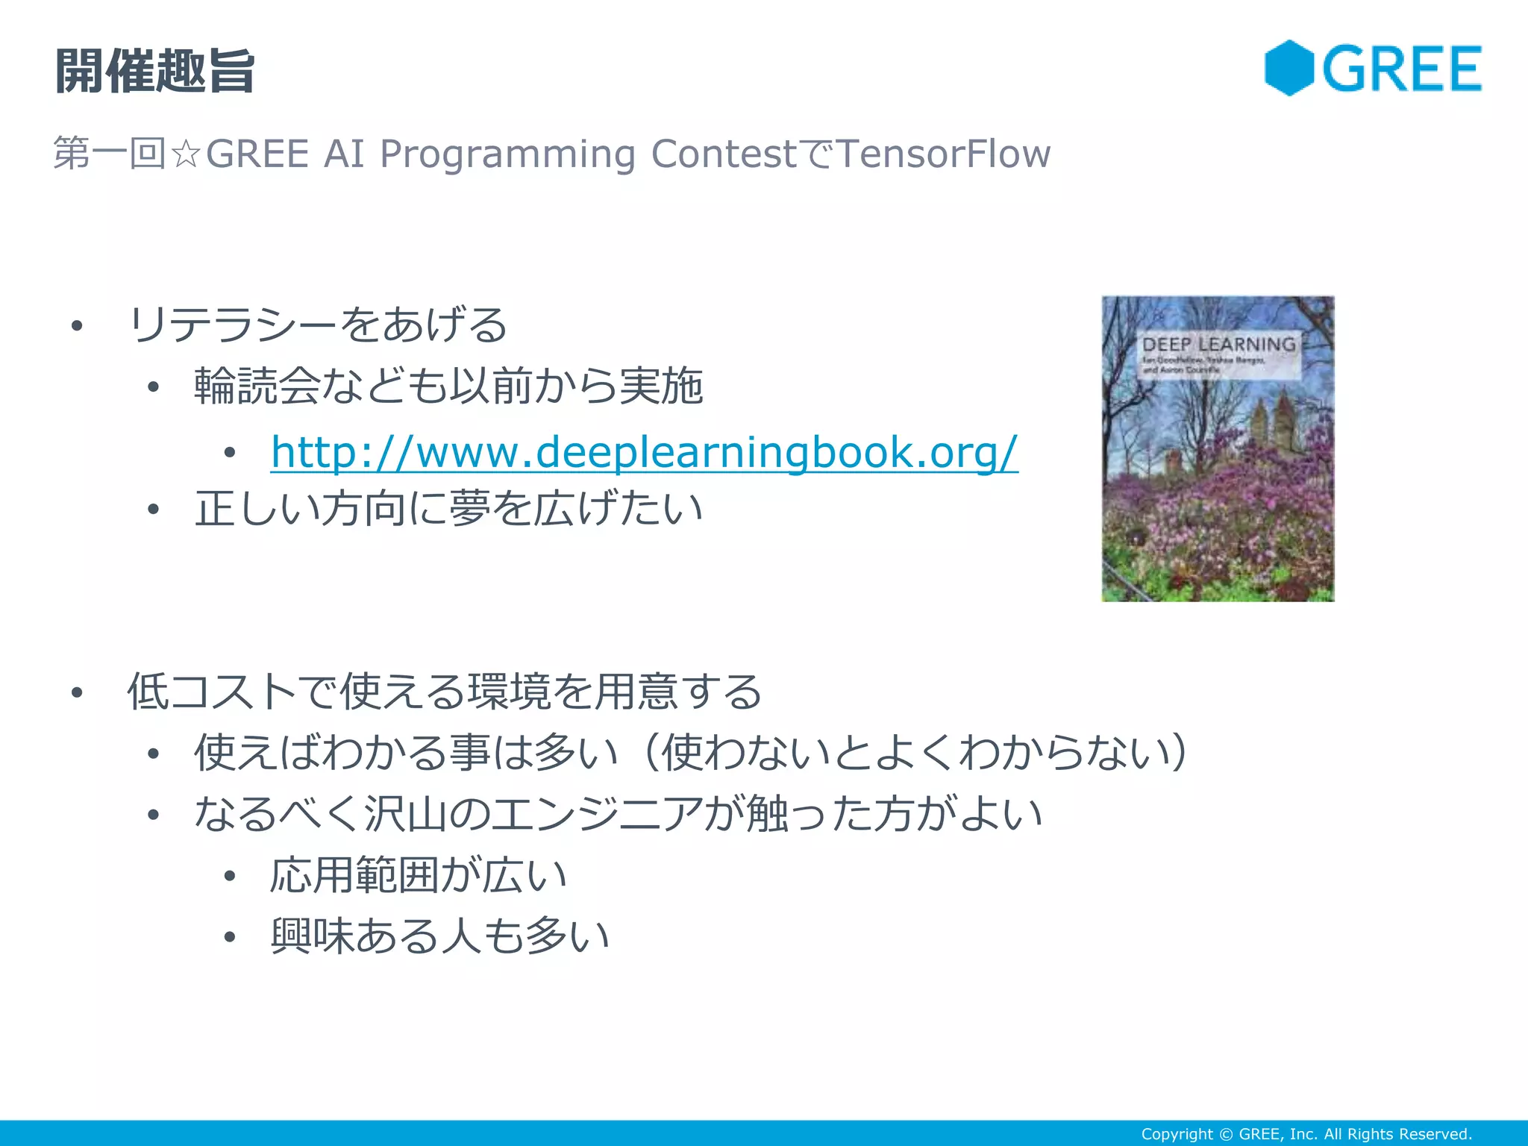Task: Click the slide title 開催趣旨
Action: [154, 72]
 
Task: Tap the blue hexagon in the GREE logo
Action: [1289, 68]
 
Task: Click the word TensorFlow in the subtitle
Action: [943, 154]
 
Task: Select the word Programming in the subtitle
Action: [507, 154]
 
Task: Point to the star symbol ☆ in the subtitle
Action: [185, 154]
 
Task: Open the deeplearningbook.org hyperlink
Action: [644, 452]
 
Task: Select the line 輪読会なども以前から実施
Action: [448, 386]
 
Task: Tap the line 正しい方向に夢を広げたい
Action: [448, 509]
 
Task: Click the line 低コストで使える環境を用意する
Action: [445, 691]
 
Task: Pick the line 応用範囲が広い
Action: [419, 874]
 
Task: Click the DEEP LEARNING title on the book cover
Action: [1218, 345]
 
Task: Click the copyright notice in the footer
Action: [1306, 1134]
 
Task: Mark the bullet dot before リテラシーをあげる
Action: [77, 325]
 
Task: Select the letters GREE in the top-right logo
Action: [1402, 69]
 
